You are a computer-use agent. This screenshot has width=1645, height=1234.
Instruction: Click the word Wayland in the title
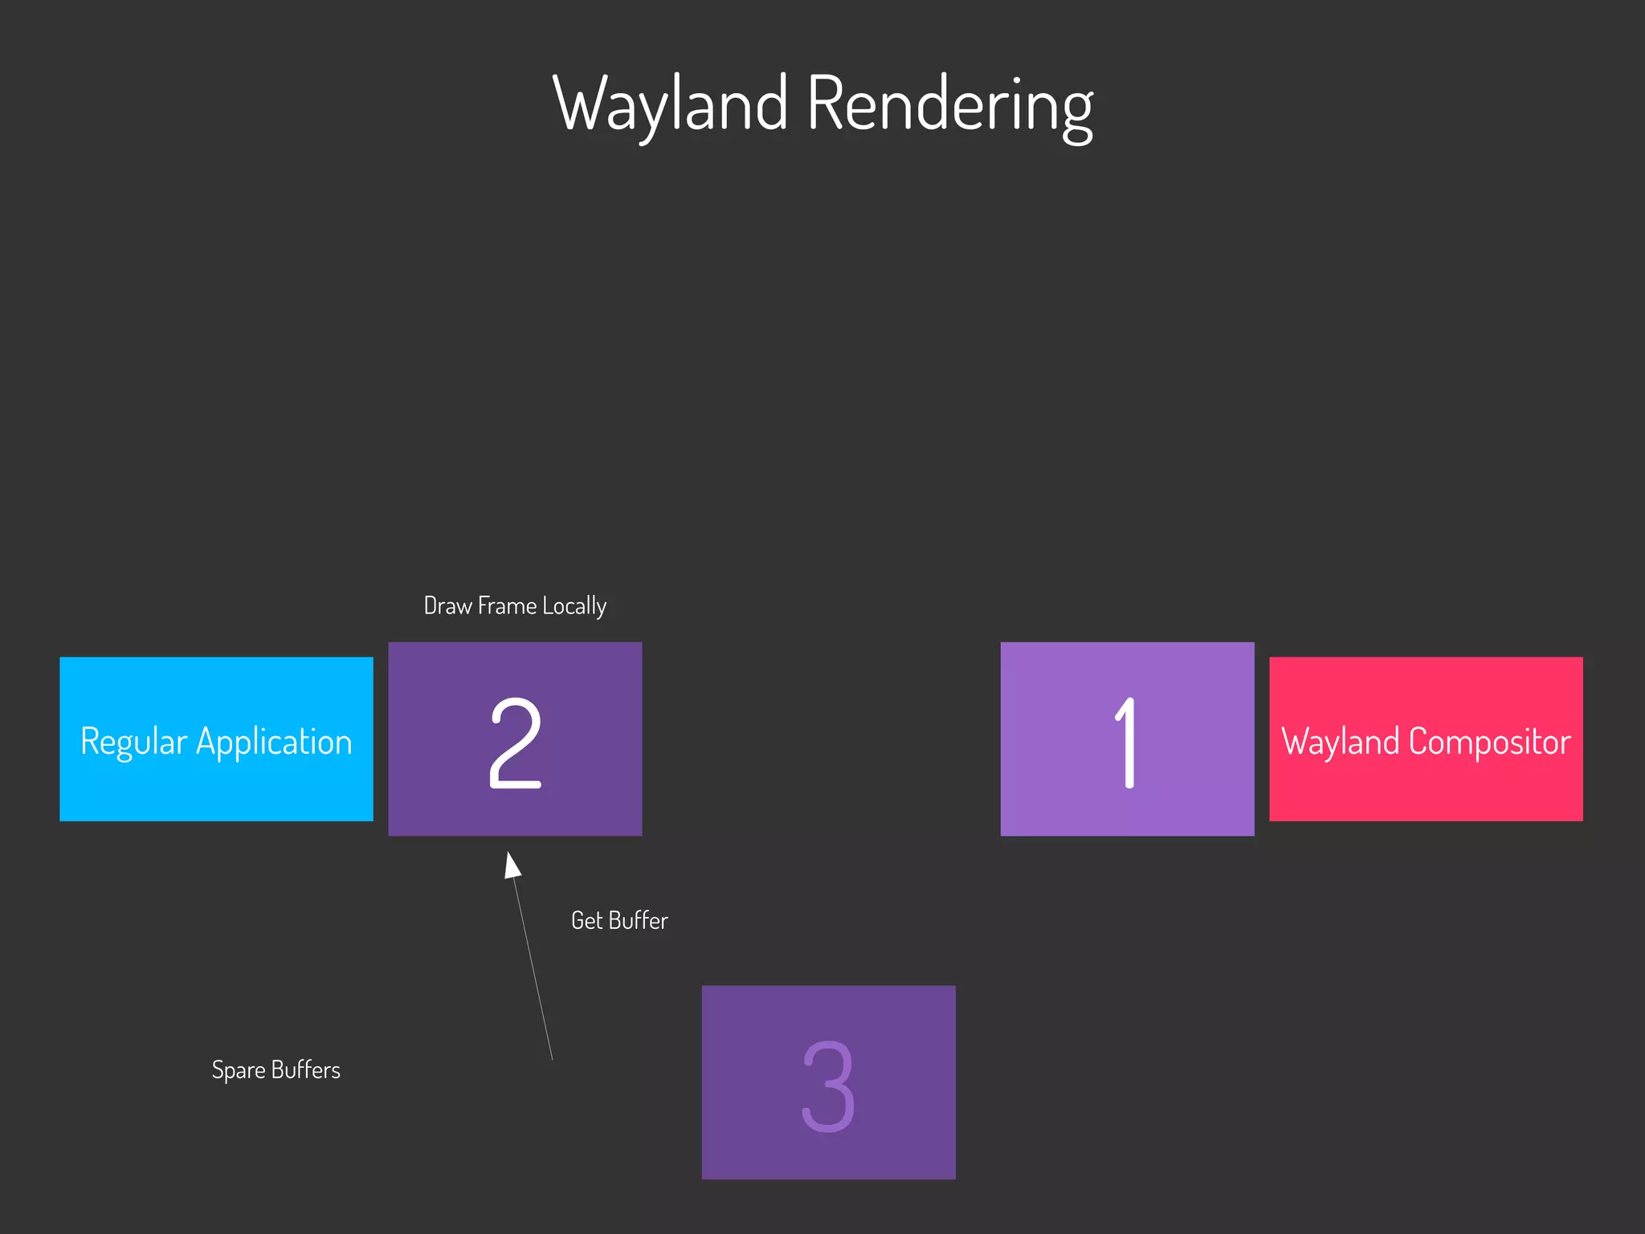pos(671,104)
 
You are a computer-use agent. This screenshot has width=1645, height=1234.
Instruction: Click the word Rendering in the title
pos(949,104)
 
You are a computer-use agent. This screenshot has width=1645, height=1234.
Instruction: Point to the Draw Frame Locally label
pos(515,606)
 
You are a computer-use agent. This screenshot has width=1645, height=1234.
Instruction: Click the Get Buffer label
pos(619,921)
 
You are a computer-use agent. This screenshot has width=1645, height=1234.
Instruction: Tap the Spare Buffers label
pos(276,1070)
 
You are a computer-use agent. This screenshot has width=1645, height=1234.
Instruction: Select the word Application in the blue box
pos(274,742)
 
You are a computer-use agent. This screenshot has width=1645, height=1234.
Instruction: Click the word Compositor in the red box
pos(1489,741)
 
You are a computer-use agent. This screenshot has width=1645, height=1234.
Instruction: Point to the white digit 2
pos(515,743)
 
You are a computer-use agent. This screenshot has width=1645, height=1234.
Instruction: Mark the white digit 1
pos(1126,743)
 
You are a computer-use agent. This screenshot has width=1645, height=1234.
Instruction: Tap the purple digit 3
pos(828,1086)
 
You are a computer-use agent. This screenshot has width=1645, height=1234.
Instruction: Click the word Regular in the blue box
pos(133,742)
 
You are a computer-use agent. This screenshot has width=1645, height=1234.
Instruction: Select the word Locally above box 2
pos(574,606)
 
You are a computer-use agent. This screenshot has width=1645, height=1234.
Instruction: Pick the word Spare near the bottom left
pos(239,1070)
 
